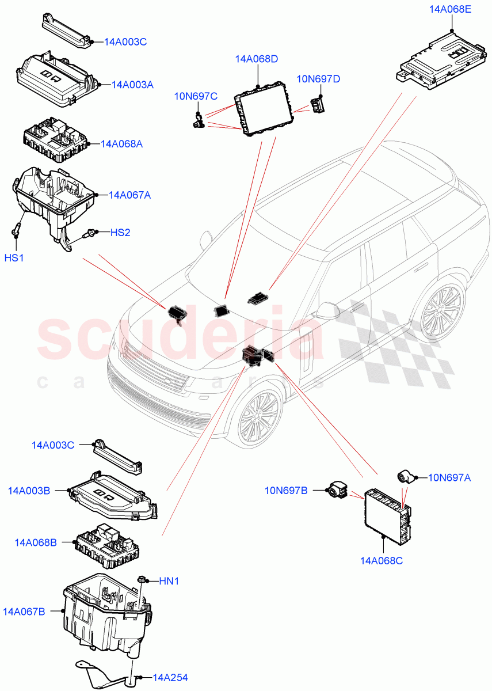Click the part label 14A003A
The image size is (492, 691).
[132, 85]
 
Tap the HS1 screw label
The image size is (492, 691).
[14, 258]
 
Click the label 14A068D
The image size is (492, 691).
[257, 59]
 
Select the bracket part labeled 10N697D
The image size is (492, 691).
[318, 105]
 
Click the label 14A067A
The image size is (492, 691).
[129, 195]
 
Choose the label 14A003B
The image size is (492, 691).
[29, 491]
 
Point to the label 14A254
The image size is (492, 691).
[170, 678]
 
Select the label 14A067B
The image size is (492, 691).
[26, 610]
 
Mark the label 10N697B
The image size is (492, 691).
[286, 491]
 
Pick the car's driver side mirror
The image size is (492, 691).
[329, 310]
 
